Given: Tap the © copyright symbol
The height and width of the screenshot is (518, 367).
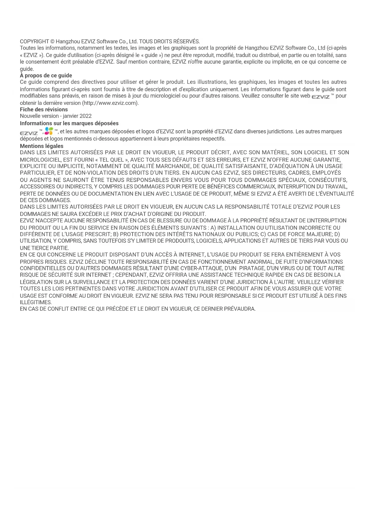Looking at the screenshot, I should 52,41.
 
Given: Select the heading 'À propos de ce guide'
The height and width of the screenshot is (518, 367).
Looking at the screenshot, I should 46,76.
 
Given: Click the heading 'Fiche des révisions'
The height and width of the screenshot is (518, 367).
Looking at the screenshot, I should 44,110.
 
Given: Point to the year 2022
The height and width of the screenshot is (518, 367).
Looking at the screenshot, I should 85,116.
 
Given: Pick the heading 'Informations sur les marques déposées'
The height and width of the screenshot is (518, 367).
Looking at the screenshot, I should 69,123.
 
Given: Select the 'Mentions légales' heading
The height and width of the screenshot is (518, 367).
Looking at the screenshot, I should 42,146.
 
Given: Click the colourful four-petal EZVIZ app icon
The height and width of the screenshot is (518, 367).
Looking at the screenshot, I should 49,131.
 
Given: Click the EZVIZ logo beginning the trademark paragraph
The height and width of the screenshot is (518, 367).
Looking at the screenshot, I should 29,133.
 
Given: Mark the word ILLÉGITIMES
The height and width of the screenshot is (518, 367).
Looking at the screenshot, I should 36,302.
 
